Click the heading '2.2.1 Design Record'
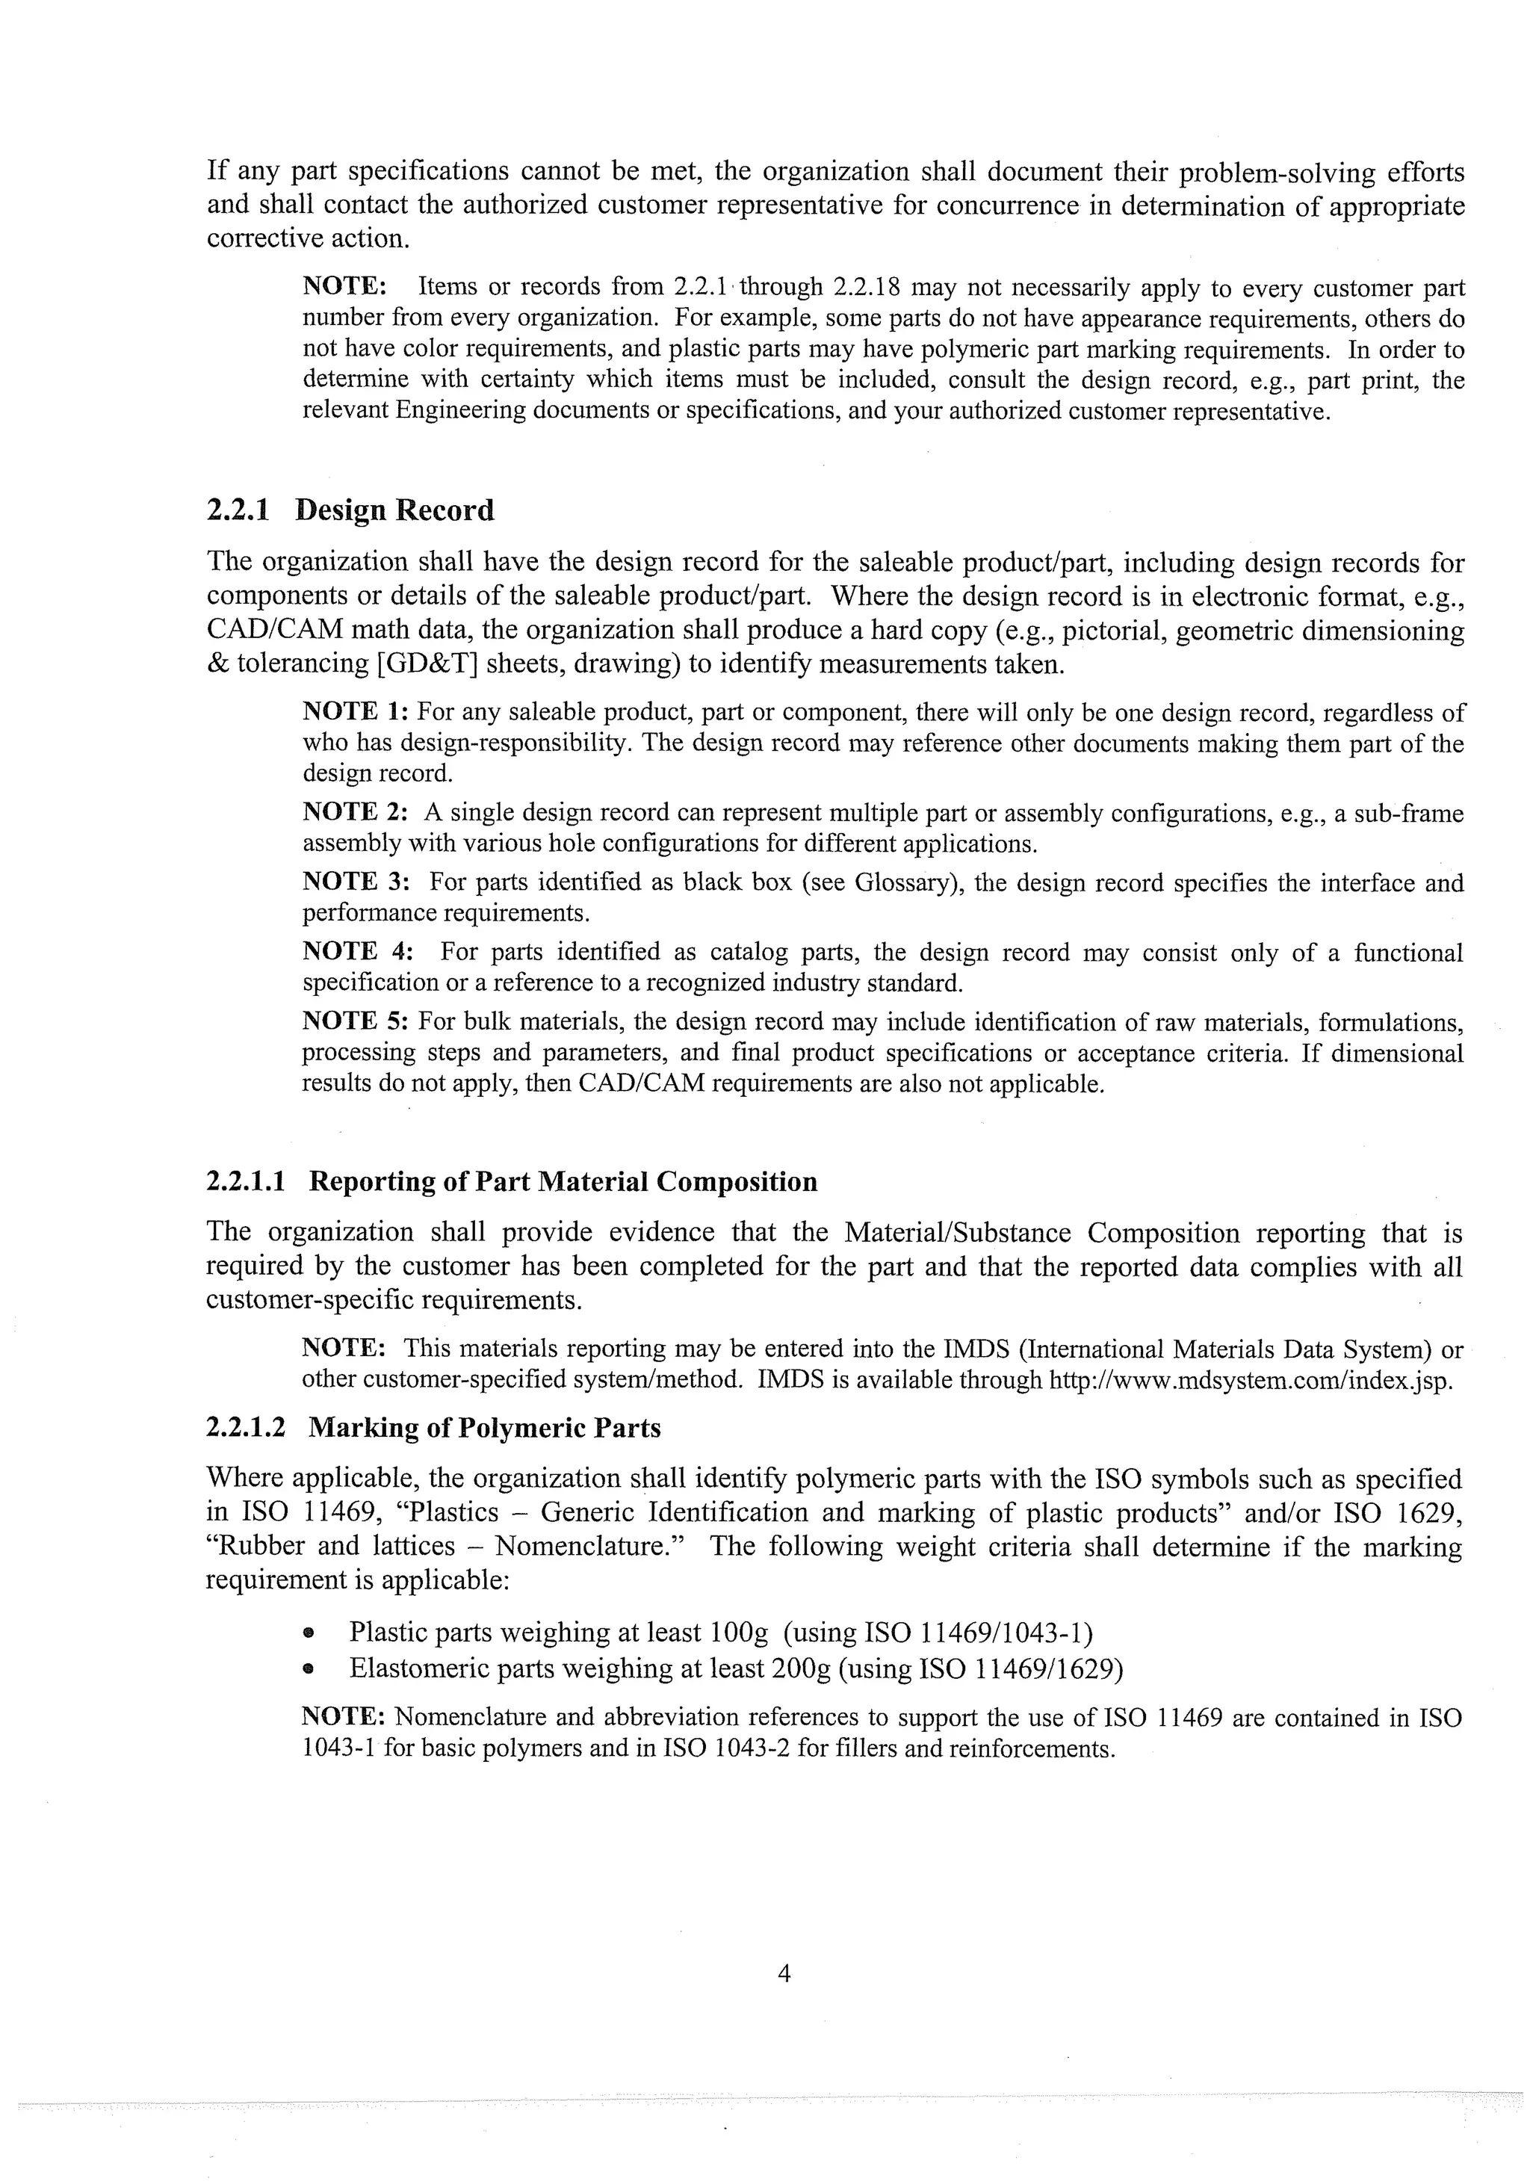[x=350, y=510]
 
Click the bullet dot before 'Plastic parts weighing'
[x=308, y=1633]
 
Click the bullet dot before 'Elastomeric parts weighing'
[x=308, y=1668]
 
